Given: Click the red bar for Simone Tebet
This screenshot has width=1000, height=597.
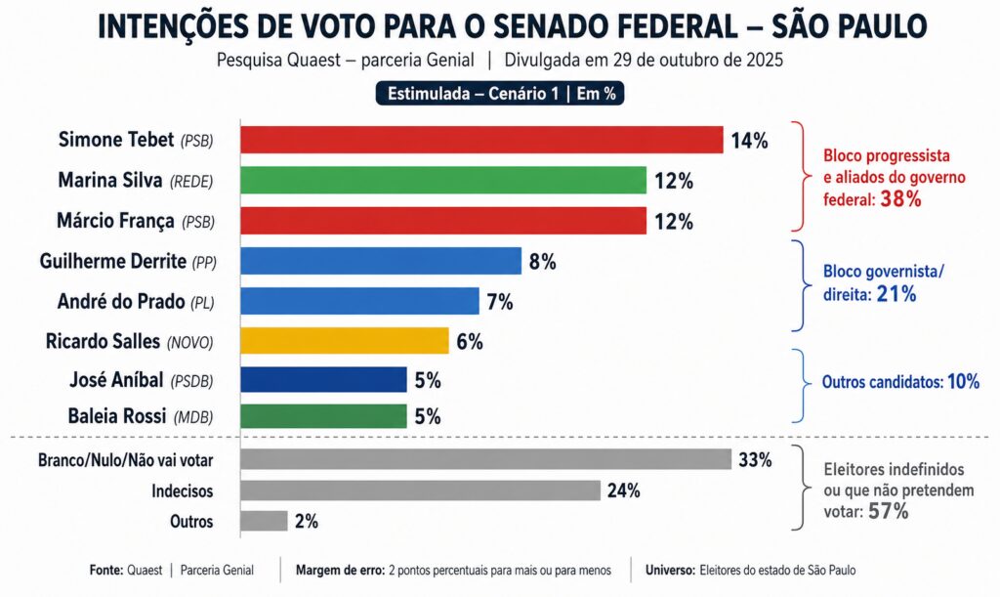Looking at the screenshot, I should pos(480,140).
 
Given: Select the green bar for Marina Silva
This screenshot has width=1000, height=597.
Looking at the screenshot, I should pos(442,180).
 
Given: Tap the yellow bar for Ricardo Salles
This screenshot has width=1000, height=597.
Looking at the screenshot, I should pos(344,341).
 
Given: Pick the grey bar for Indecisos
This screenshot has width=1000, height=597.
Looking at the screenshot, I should pos(420,490).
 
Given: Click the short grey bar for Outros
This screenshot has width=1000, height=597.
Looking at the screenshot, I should pos(264,521).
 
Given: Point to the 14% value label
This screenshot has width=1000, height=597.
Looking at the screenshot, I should pos(749,141).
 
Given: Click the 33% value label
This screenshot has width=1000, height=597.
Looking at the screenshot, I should pos(755,460).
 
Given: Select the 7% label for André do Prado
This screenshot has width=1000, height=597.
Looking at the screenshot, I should pos(499,302).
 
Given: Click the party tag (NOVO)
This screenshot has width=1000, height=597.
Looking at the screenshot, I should pos(189,342).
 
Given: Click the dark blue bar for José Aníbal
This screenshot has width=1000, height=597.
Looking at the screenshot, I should pos(323,380).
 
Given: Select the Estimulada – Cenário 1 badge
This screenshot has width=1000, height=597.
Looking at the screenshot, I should pos(499,94).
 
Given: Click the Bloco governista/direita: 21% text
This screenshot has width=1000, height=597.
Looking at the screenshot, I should pos(870,282).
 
